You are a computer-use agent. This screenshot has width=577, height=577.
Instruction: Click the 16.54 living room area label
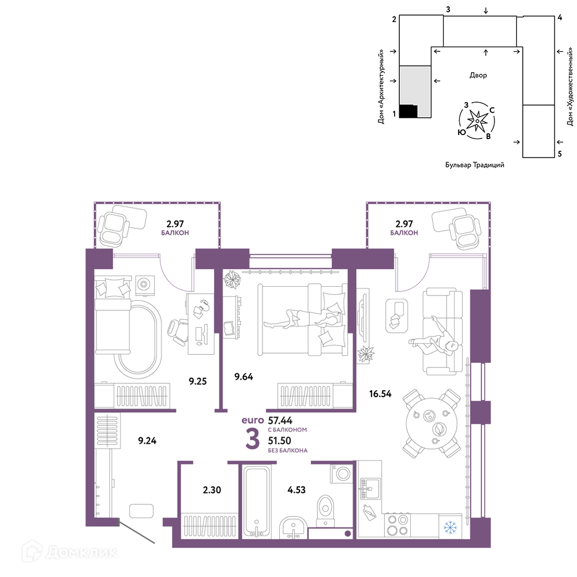point(380,394)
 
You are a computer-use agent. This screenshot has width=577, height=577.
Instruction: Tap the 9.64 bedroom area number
point(243,376)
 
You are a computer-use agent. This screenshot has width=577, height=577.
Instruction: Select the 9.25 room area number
point(197,381)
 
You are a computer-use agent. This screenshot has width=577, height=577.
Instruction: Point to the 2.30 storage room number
point(212,490)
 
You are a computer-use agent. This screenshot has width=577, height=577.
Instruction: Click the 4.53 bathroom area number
point(296,490)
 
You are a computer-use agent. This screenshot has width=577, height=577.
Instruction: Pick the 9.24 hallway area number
point(147,440)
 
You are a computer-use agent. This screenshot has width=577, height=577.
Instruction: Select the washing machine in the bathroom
point(343,473)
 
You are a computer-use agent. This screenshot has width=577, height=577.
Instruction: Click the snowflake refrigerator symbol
point(450,527)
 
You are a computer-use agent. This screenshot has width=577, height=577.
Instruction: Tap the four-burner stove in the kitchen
point(398,525)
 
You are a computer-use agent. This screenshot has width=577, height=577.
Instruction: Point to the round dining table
point(432,423)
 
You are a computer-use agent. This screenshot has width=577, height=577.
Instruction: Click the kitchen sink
point(370,488)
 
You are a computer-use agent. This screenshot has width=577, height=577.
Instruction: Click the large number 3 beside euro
point(253,440)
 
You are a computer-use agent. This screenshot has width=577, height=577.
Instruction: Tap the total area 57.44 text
point(280,420)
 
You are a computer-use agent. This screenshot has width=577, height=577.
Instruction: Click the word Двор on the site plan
point(478,75)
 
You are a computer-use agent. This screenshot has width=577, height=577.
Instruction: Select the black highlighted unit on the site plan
point(409,111)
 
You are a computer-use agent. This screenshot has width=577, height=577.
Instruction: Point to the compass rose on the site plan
point(477,121)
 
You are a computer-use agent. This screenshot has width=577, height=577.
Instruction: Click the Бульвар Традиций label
point(475,165)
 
